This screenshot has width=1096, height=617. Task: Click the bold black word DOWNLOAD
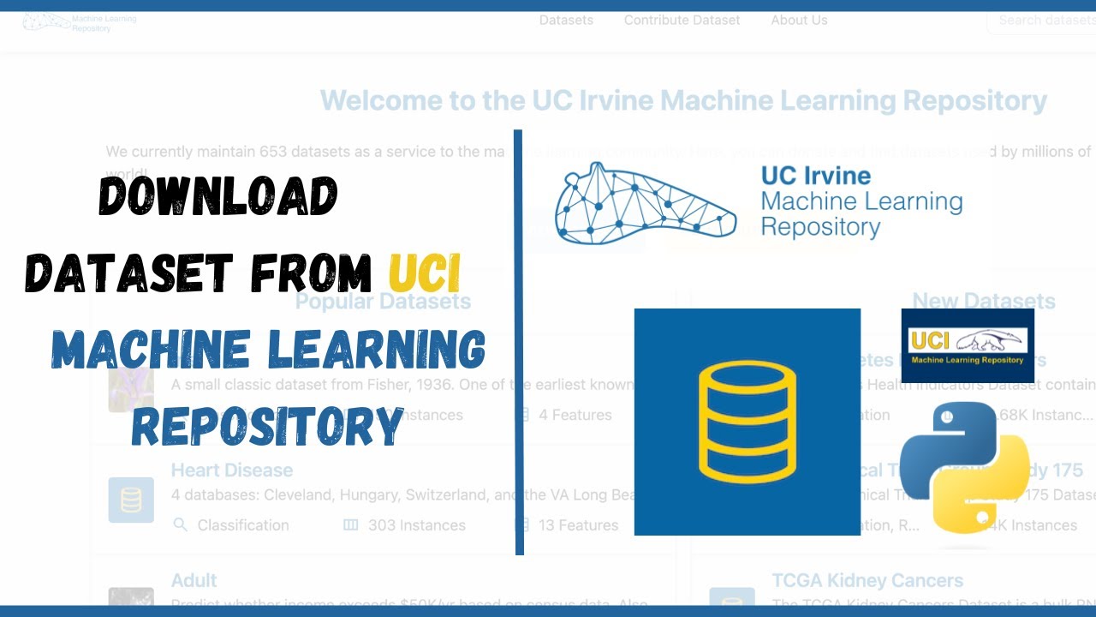(x=218, y=197)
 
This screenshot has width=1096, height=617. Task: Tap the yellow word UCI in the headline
(x=425, y=273)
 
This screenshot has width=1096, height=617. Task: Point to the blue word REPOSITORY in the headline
(x=267, y=424)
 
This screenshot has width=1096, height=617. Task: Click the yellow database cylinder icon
(x=748, y=421)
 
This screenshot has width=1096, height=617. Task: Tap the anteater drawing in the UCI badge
(x=989, y=340)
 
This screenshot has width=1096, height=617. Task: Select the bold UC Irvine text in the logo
(x=815, y=176)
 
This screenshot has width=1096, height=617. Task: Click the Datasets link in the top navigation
(x=566, y=20)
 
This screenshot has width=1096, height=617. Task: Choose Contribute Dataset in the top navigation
(x=682, y=20)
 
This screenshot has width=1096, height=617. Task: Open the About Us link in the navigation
(x=799, y=20)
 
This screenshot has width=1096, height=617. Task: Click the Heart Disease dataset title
(x=232, y=470)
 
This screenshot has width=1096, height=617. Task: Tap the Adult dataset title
(x=194, y=580)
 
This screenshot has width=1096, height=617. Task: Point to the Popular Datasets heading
(x=383, y=301)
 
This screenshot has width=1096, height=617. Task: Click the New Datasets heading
(x=983, y=301)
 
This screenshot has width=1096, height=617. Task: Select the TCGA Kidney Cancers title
(x=867, y=580)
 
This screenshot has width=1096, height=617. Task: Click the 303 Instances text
(x=417, y=524)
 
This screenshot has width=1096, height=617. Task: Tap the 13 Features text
(x=578, y=524)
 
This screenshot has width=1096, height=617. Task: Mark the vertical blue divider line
(x=519, y=343)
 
